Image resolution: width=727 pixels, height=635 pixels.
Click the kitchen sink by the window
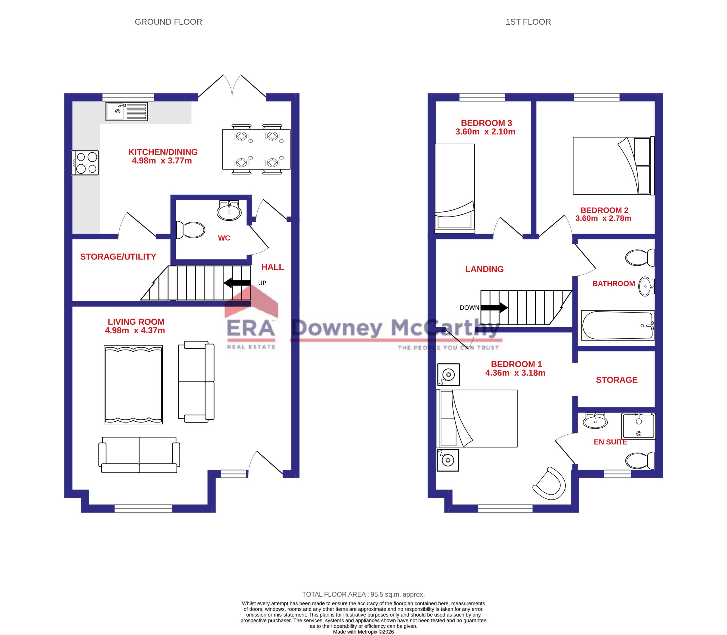127,111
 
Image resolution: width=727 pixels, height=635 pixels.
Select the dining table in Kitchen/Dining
256,149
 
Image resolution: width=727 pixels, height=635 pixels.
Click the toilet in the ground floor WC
191,230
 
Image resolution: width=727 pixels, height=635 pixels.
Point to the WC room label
224,238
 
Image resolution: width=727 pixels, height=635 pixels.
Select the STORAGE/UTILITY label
118,257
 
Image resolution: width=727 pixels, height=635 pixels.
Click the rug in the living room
133,384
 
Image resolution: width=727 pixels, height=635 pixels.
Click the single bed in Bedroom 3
455,188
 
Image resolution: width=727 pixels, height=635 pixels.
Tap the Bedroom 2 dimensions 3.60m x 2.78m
603,218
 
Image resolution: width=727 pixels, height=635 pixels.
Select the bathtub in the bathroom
618,325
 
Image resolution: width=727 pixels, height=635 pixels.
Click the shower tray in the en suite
638,426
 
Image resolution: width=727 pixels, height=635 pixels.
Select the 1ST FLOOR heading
528,22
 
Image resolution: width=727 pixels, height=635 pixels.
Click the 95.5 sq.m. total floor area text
363,594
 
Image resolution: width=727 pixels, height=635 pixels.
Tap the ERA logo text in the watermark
250,328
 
